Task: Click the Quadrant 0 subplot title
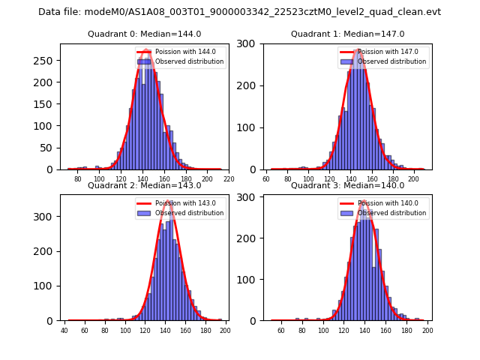(x=144, y=34)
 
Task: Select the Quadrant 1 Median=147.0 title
(x=347, y=34)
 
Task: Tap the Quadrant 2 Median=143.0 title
(x=144, y=185)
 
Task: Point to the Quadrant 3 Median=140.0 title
(x=347, y=185)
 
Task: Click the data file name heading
(x=239, y=12)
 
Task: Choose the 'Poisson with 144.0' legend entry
(x=180, y=52)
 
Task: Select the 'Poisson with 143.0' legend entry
(x=180, y=203)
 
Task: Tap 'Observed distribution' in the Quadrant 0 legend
(x=189, y=61)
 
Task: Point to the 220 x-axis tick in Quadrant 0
(x=229, y=179)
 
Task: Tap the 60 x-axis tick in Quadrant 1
(x=267, y=179)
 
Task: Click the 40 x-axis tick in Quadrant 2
(x=64, y=331)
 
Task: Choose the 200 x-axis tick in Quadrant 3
(x=427, y=331)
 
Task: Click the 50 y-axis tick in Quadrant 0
(x=48, y=148)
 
